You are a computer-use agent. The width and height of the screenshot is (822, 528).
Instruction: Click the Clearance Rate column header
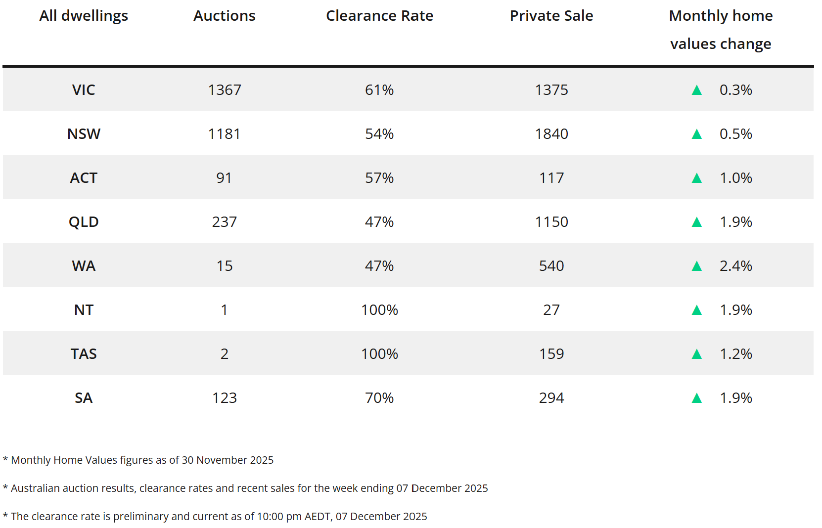[x=379, y=16]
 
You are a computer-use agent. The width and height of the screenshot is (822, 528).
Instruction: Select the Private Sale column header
[x=551, y=16]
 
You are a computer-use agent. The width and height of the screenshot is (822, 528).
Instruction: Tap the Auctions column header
[x=224, y=16]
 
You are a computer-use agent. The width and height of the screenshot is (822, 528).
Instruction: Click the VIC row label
[x=84, y=90]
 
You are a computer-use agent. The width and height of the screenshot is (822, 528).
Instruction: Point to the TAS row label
[x=84, y=354]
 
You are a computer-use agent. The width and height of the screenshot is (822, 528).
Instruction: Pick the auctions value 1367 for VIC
[x=224, y=90]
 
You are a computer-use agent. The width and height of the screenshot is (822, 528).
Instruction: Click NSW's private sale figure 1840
[x=551, y=134]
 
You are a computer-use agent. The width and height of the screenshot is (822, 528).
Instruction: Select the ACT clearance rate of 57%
[x=379, y=178]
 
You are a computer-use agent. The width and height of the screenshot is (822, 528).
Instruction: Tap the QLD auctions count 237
[x=224, y=222]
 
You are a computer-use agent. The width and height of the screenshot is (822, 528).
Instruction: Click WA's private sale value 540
[x=551, y=266]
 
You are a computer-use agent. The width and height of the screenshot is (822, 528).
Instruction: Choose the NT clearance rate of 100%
[x=379, y=310]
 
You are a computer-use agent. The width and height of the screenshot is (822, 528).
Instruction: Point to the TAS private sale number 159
[x=551, y=354]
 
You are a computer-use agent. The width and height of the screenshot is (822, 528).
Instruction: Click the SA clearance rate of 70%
[x=379, y=398]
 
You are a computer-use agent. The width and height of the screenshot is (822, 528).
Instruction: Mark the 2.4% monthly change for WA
[x=736, y=266]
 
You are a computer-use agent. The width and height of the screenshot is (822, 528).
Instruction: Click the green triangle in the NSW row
[x=696, y=134]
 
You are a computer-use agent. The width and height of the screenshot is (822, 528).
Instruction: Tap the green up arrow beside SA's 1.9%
[x=696, y=398]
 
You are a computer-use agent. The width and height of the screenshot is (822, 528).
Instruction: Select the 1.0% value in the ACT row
[x=736, y=178]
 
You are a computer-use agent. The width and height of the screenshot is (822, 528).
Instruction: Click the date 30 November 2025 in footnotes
[x=228, y=460]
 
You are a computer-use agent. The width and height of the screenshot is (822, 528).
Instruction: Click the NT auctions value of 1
[x=224, y=310]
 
